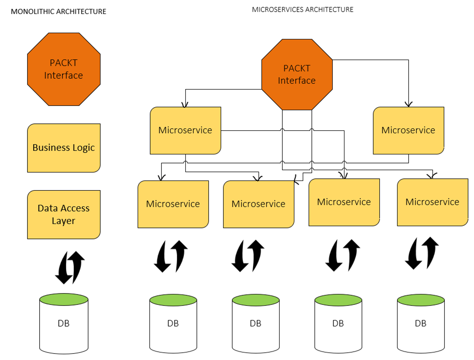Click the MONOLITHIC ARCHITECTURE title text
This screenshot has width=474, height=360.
pyautogui.click(x=58, y=11)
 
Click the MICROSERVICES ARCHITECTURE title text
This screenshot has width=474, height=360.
pyautogui.click(x=303, y=9)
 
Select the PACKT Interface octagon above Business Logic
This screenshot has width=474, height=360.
pyautogui.click(x=64, y=69)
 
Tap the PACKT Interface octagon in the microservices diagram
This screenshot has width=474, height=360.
pyautogui.click(x=297, y=75)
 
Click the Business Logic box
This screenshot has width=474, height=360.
pyautogui.click(x=64, y=148)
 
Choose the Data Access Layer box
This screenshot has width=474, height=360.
pyautogui.click(x=64, y=215)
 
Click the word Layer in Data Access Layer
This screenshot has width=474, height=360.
pyautogui.click(x=64, y=221)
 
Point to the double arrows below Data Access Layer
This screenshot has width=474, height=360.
pyautogui.click(x=70, y=267)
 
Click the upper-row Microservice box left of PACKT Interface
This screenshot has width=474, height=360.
pyautogui.click(x=185, y=130)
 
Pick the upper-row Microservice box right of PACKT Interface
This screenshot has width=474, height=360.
pyautogui.click(x=408, y=130)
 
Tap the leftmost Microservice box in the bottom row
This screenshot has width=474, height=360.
pyautogui.click(x=173, y=204)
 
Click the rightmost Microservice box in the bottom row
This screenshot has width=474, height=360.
pyautogui.click(x=432, y=202)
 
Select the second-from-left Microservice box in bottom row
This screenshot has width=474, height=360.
pyautogui.click(x=259, y=204)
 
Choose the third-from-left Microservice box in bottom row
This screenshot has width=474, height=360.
pyautogui.click(x=344, y=202)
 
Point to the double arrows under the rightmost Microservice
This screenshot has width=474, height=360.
pyautogui.click(x=422, y=253)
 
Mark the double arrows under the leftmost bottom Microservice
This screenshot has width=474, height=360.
pyautogui.click(x=171, y=256)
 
